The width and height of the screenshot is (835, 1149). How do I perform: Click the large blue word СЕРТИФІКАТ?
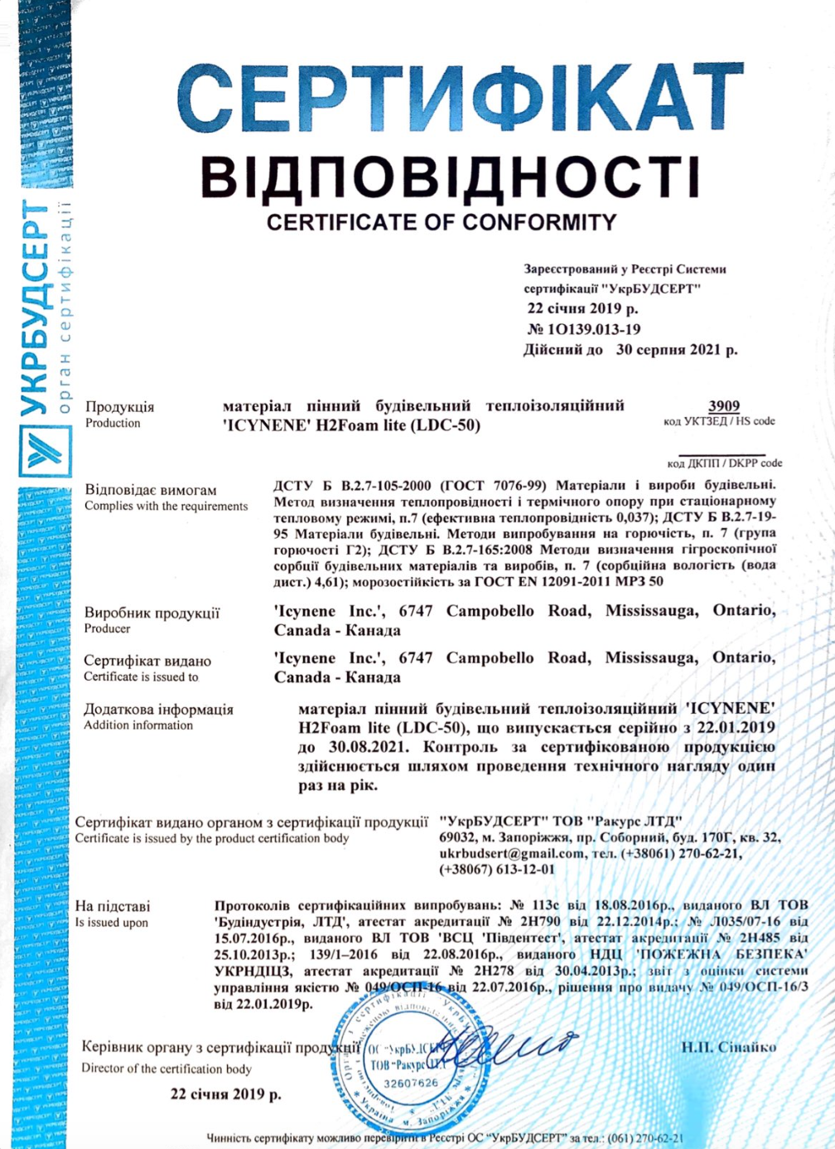460,98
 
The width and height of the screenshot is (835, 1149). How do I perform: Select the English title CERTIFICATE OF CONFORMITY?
442,222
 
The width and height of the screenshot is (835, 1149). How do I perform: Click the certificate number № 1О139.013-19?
584,329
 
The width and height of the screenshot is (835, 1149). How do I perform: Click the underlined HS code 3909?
723,405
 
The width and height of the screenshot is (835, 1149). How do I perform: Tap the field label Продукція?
119,406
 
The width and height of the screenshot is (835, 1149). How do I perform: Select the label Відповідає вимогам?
151,489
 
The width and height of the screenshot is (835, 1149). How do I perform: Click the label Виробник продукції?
152,613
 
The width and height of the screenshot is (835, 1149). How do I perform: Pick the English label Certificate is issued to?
141,676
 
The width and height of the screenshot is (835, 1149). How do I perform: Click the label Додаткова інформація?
158,709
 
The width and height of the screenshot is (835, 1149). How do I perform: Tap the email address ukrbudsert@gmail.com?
511,853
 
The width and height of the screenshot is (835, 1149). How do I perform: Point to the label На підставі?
113,906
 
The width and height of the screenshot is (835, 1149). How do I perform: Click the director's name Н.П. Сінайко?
729,1047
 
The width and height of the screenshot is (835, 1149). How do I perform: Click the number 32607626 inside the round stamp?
412,1083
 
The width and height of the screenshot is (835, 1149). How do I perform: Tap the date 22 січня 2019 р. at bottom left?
225,1093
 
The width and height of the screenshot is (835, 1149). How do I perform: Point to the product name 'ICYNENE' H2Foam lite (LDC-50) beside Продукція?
352,425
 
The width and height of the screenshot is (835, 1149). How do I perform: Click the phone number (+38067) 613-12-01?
497,870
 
